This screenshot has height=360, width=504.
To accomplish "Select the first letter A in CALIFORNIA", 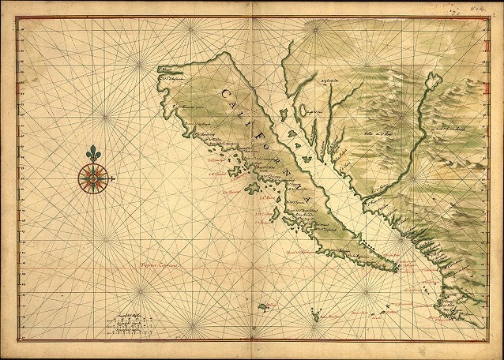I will tap(239, 106).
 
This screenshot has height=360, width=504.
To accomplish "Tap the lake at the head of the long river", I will tap(432, 80).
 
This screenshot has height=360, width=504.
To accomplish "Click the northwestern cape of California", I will tap(161, 69).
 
